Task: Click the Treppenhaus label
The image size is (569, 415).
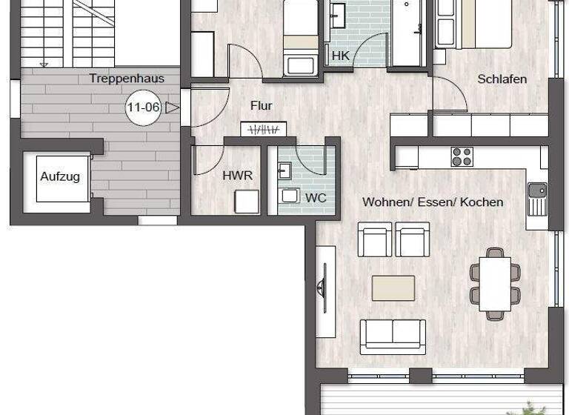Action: pos(126,78)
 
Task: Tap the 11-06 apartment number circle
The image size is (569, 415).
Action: pos(143,107)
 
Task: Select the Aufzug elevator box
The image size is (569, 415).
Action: pos(59,176)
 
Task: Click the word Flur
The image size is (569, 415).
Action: pos(261,106)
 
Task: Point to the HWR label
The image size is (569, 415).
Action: pos(238,176)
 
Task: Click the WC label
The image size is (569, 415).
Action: pos(316,198)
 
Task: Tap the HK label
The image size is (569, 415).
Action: pos(340,56)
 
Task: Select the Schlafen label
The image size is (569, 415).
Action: pos(502,79)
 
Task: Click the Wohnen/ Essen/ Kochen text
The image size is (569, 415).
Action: pos(432,202)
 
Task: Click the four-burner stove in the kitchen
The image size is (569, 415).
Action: pos(462,156)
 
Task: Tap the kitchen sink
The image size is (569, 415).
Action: pos(536,195)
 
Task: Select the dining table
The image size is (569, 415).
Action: pos(494,282)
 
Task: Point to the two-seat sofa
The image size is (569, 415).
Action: pos(393,336)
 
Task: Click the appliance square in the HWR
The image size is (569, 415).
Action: pos(246,202)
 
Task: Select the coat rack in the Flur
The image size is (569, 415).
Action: pos(263,129)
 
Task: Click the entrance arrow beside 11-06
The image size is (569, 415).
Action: pos(173,107)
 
